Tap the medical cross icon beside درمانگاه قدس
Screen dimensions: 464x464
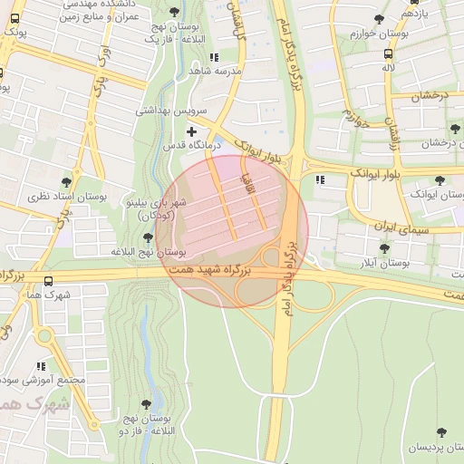click(191, 132)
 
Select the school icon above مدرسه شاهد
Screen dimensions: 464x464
click(213, 57)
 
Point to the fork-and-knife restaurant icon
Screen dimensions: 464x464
click(319, 179)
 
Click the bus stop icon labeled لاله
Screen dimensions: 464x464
click(388, 53)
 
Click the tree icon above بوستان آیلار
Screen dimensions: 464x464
click(384, 247)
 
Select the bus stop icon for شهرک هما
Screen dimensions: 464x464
click(48, 281)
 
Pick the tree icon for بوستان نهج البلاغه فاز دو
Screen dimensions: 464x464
click(146, 404)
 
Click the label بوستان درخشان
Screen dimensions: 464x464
click(429, 143)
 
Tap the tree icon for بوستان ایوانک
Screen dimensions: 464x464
click(440, 180)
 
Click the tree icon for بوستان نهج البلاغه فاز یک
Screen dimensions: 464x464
click(174, 12)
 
